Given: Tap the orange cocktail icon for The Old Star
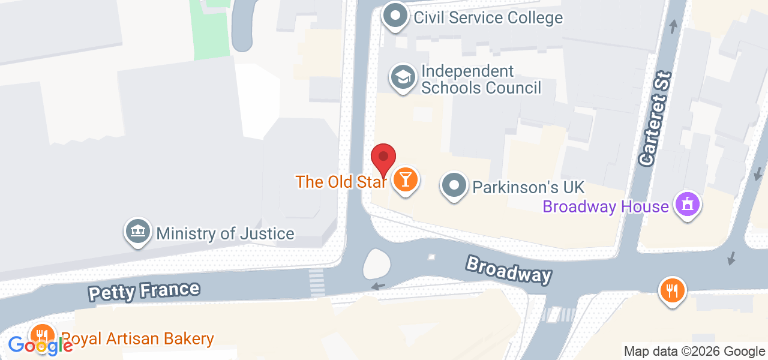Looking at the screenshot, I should point(406,179).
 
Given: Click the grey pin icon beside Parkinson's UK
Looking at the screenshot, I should point(455,185).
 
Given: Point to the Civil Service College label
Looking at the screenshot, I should point(488,17).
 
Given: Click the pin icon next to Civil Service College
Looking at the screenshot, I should point(395,16).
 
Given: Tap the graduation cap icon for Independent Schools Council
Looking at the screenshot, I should point(404,77).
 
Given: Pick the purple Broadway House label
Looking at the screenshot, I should point(605,206).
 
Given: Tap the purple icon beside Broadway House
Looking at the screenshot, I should point(687,204).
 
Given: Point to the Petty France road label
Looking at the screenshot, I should point(144,291).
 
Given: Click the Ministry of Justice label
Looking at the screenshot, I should point(225,233).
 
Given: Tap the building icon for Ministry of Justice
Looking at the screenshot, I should point(137,232).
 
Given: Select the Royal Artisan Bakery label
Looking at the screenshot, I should point(137,338).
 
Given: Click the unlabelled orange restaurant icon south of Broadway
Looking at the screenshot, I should point(672,291).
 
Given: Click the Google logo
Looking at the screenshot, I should point(40,345).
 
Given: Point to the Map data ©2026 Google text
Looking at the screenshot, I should point(694,352).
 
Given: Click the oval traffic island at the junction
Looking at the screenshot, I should point(377,264).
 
